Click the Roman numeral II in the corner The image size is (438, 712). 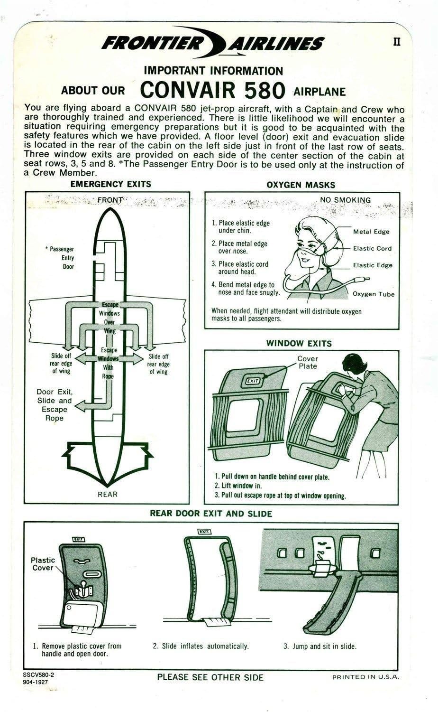(397, 42)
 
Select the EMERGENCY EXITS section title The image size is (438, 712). (110, 184)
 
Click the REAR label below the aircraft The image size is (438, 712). (108, 494)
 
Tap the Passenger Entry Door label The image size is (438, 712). (63, 258)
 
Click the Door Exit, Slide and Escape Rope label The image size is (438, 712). (55, 405)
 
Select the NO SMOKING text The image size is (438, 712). (345, 200)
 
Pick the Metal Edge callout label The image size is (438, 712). (371, 232)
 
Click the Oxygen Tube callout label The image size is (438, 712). (374, 294)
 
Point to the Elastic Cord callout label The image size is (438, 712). (372, 248)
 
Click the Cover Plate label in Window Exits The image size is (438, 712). (308, 362)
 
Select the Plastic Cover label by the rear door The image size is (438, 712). (43, 564)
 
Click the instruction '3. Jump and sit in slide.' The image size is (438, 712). (320, 646)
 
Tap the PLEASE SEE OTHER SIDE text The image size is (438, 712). (210, 677)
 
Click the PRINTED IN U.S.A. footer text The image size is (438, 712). (365, 677)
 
